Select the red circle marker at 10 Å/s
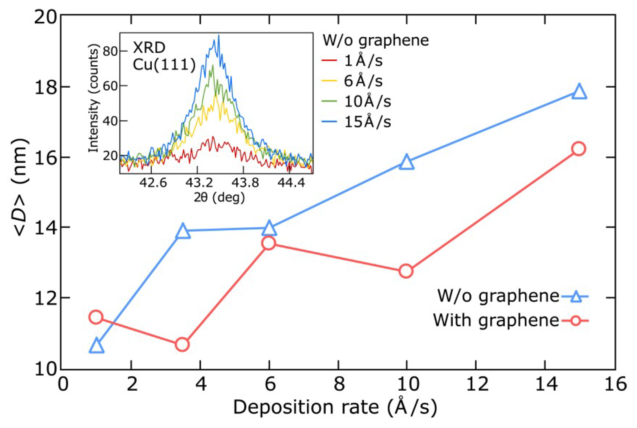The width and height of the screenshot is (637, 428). pyautogui.click(x=406, y=271)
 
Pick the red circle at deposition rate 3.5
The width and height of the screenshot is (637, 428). pyautogui.click(x=182, y=345)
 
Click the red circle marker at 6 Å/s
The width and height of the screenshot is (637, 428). pyautogui.click(x=269, y=243)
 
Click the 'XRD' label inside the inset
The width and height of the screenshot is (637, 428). pyautogui.click(x=149, y=48)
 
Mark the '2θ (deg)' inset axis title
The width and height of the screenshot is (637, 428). pyautogui.click(x=219, y=198)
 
